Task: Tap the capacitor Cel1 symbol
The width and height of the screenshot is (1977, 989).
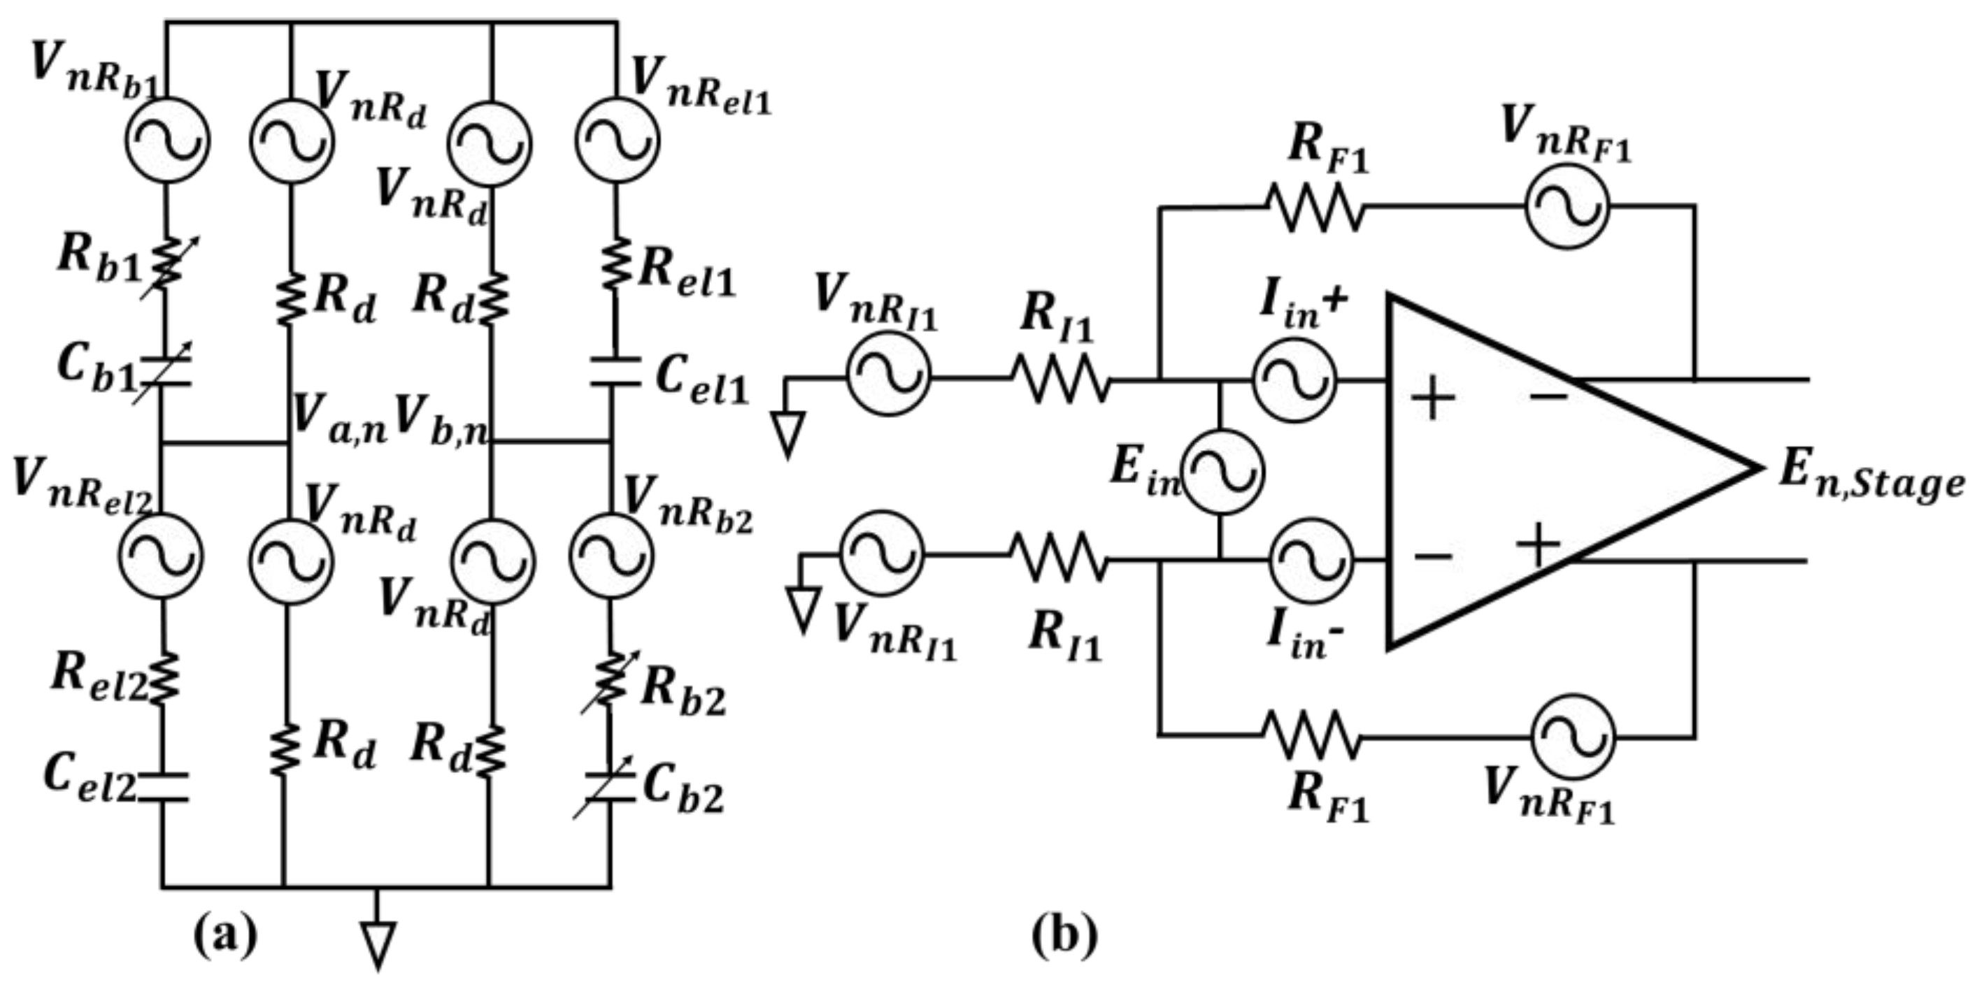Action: (614, 370)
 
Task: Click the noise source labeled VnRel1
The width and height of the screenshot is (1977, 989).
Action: (616, 142)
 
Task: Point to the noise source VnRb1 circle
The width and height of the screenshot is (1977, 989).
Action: (166, 140)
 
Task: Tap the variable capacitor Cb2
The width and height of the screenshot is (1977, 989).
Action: (609, 788)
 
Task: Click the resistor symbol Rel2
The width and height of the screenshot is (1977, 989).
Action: (164, 678)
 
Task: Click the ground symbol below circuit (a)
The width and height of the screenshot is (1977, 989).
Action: (378, 943)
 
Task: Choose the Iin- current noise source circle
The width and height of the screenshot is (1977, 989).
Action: (1310, 560)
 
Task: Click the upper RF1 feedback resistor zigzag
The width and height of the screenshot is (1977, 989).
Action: (1314, 207)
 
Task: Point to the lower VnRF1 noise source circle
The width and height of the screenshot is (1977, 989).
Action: (1573, 737)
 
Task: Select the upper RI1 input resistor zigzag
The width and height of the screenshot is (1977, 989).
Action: (1061, 378)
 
